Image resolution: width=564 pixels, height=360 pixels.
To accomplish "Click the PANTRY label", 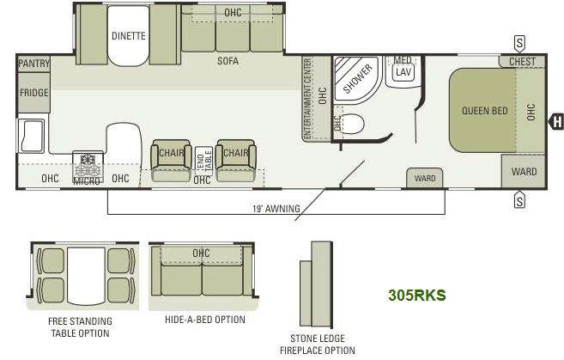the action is (33, 64).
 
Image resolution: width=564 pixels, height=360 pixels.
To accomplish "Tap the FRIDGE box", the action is (33, 93).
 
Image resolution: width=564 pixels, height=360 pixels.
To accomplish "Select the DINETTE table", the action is (129, 35).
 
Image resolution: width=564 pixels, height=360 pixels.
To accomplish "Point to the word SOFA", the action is (227, 61).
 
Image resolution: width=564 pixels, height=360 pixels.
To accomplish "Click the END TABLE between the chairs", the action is (204, 161).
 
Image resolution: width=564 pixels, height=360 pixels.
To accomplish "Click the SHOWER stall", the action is (356, 78).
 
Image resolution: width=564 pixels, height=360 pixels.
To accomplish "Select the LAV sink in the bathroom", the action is (403, 72).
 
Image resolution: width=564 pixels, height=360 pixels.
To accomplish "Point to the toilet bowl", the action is (352, 124).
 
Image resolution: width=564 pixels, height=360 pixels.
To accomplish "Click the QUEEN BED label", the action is (485, 111).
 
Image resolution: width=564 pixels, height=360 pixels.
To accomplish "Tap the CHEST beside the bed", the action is (522, 61).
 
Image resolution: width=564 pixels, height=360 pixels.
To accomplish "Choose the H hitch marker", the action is (556, 121).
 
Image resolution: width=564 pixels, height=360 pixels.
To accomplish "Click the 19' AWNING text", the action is (276, 209).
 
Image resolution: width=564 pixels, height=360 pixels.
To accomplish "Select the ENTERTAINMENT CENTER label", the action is (307, 99).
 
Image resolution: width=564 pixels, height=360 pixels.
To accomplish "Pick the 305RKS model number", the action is (417, 296).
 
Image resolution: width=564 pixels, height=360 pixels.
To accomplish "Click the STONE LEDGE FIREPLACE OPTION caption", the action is (318, 345).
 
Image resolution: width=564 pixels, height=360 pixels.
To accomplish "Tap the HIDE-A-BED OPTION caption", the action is (205, 320).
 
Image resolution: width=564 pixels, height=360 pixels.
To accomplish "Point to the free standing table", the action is (86, 276).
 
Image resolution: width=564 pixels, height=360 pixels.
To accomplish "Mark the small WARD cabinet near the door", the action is (425, 178).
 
